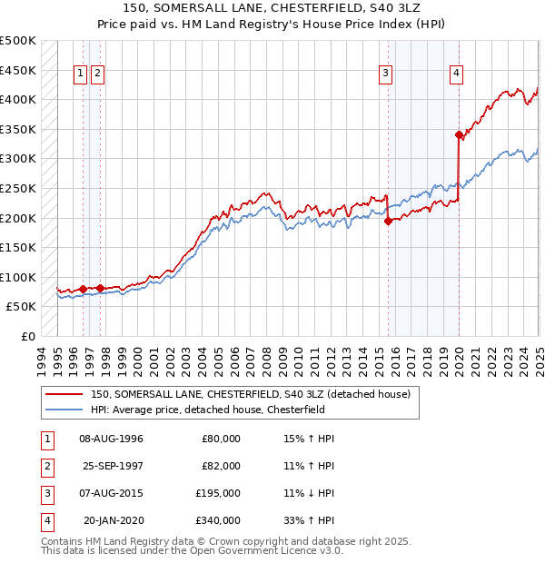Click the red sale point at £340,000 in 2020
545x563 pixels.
[x=459, y=134]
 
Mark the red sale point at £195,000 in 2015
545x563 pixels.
[x=389, y=220]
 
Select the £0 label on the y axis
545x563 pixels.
[x=27, y=336]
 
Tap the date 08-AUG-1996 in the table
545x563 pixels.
[x=112, y=439]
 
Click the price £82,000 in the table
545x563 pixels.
[x=221, y=466]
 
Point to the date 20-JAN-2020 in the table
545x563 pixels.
[x=113, y=520]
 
